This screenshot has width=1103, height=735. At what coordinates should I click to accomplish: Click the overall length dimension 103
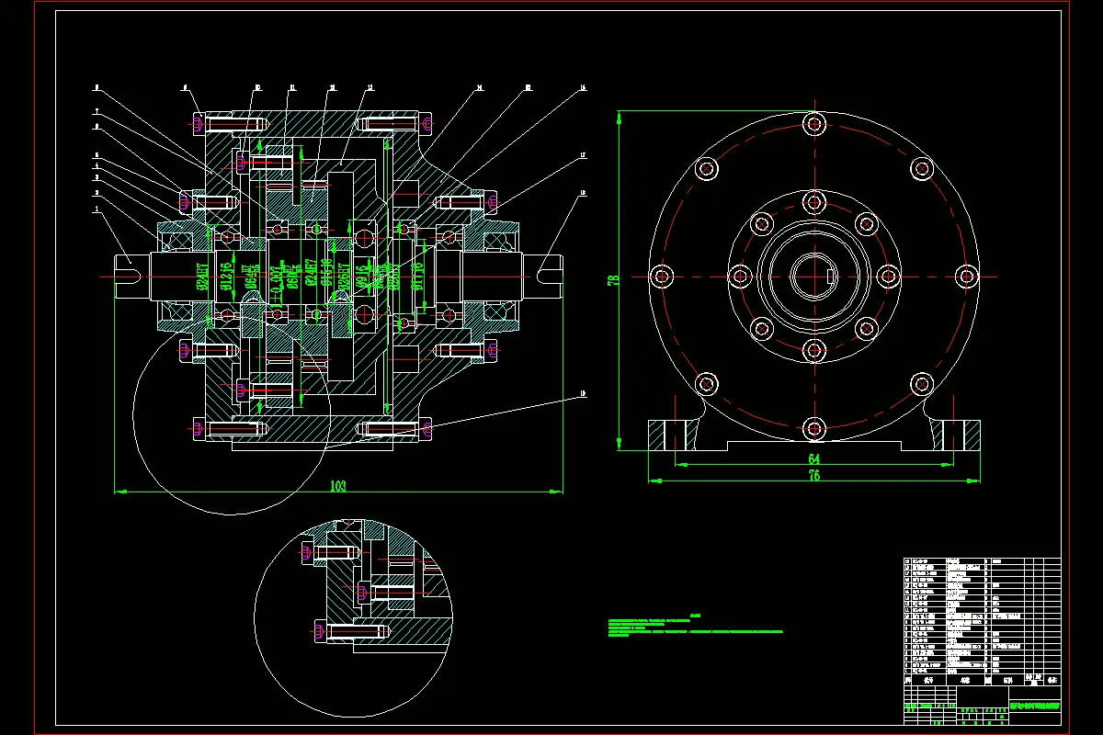click(338, 486)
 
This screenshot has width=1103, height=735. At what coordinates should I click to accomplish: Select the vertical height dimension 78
click(611, 279)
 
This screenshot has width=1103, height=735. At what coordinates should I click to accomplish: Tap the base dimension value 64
click(813, 458)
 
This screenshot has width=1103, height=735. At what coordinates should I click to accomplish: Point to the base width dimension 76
click(813, 475)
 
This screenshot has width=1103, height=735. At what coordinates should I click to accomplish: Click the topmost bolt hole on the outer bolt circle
click(813, 122)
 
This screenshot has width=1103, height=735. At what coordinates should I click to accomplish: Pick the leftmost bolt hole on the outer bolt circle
click(661, 276)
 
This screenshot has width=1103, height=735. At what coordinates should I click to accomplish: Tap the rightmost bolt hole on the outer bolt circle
click(965, 276)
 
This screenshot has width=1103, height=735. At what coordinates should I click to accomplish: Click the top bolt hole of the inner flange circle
click(813, 200)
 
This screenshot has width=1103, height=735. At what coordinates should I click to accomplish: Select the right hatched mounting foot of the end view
click(957, 434)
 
